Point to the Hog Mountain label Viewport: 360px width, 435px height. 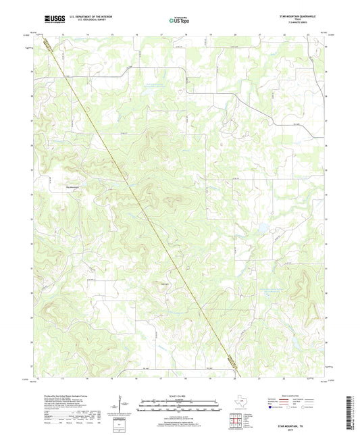tap(72, 187)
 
